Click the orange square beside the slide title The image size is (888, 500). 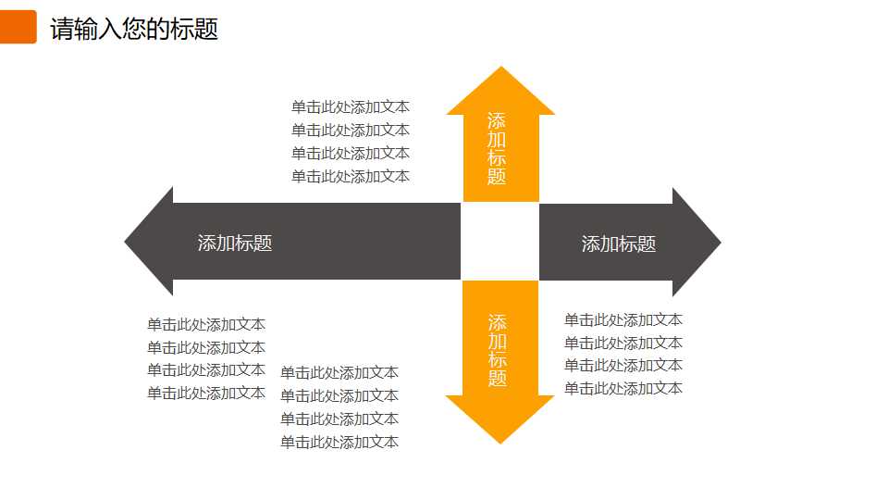tap(18, 27)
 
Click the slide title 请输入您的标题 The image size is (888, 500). tap(134, 29)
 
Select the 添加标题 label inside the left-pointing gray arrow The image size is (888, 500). tap(235, 244)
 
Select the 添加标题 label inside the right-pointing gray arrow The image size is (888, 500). tap(619, 244)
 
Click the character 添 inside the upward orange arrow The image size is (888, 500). tap(497, 121)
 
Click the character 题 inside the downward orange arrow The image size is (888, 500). tap(498, 378)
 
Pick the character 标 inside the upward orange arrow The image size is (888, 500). tap(497, 158)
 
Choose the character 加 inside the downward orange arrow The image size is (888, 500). tap(498, 341)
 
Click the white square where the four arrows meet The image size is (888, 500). tap(499, 242)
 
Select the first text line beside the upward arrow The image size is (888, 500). tap(351, 107)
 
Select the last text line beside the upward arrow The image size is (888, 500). tap(351, 177)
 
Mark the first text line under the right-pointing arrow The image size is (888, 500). tap(623, 320)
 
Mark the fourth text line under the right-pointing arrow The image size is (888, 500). tap(623, 389)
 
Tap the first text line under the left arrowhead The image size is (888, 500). tap(206, 325)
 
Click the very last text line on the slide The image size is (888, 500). tap(339, 443)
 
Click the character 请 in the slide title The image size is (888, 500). tap(61, 29)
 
